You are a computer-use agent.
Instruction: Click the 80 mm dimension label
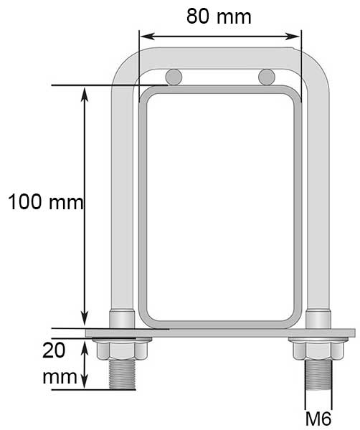tap(219, 16)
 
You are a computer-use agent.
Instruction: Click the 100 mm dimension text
tap(46, 202)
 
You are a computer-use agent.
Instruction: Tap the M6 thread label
tap(318, 419)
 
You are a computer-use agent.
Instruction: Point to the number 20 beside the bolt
tap(54, 350)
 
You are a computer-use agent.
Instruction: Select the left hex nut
tap(122, 350)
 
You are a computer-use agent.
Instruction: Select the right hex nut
tap(318, 350)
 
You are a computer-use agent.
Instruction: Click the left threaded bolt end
tap(122, 374)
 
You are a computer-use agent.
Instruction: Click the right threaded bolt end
tap(318, 375)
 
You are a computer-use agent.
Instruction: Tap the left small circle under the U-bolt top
tap(174, 77)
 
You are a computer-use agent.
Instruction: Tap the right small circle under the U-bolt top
tap(267, 77)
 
